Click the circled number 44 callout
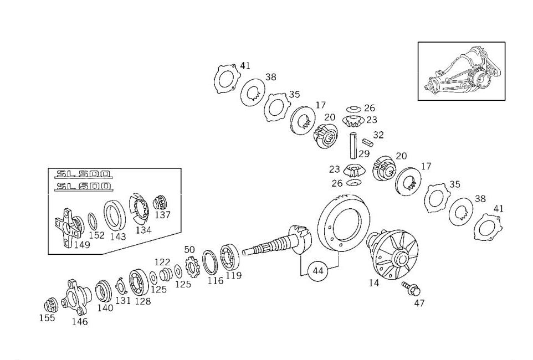(317, 271)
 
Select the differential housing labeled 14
(394, 255)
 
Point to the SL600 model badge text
(83, 187)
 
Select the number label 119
(233, 275)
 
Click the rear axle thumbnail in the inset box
(461, 71)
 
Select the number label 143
(117, 236)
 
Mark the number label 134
(143, 229)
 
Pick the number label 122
(162, 262)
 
